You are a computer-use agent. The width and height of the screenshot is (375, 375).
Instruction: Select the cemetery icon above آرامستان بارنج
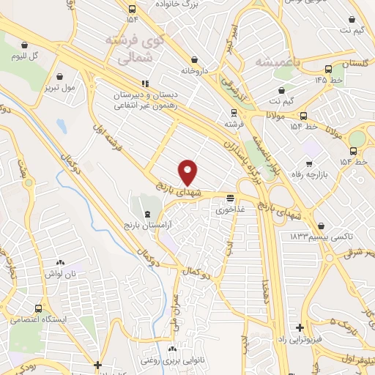149,215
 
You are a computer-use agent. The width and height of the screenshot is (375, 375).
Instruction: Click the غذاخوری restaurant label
227,209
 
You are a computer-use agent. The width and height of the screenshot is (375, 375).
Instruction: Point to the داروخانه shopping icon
193,59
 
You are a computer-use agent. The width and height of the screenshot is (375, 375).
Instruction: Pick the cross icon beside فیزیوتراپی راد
300,328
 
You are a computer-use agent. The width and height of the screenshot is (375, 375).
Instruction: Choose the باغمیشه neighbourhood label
275,62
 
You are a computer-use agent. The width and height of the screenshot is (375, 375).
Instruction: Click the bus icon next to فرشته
234,113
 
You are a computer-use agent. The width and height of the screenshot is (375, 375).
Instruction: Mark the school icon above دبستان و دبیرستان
145,83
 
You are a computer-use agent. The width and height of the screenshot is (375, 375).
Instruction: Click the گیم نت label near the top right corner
354,30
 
